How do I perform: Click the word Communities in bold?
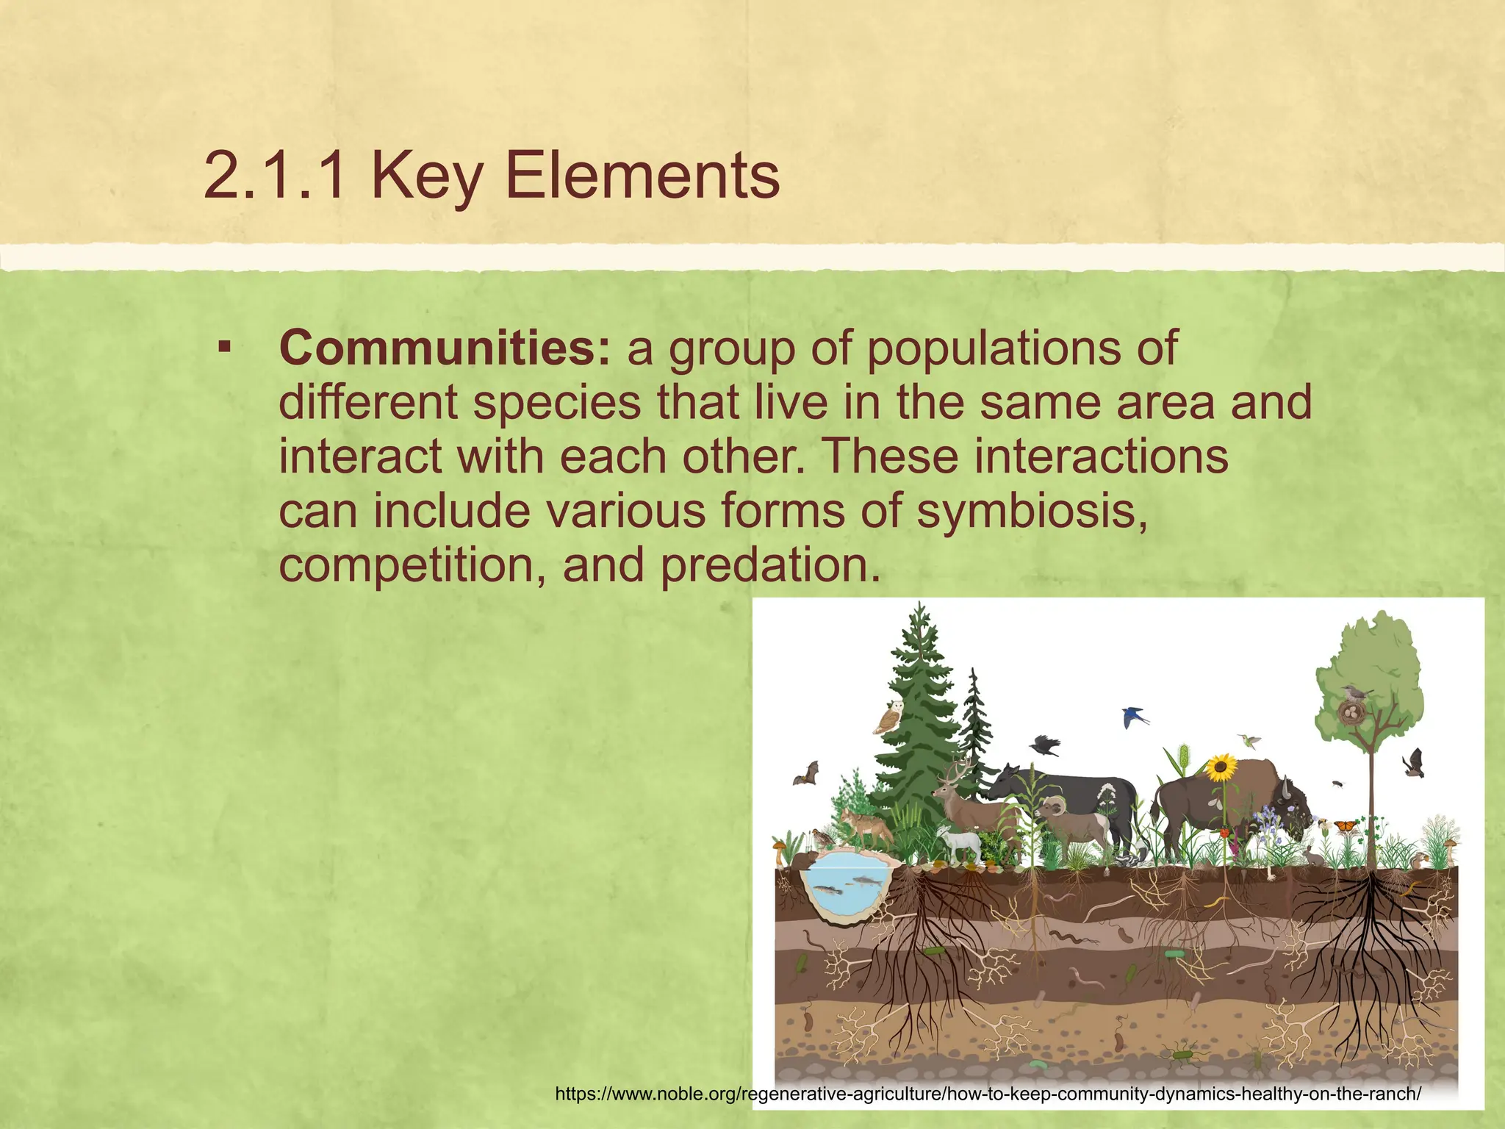click(444, 348)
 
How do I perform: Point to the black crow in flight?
click(1045, 746)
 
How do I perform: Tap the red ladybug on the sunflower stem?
click(1224, 833)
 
